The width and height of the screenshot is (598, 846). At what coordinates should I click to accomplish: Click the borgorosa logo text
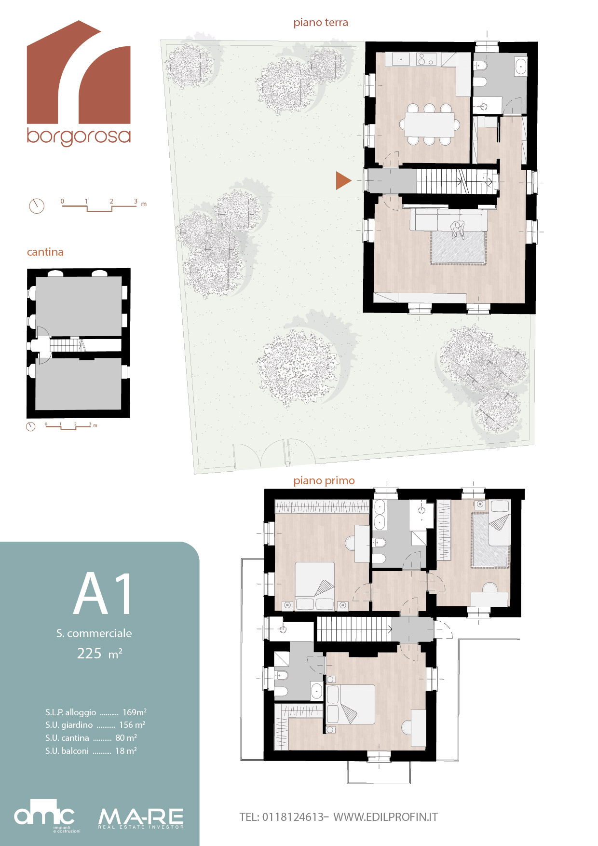[79, 136]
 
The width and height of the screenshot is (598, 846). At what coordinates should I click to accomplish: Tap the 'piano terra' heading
[321, 23]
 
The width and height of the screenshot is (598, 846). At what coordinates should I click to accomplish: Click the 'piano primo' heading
[324, 480]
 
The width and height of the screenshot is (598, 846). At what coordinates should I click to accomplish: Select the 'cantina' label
[45, 252]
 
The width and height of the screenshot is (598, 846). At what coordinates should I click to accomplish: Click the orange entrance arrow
[343, 180]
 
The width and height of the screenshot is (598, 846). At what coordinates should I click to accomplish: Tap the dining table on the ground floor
[429, 124]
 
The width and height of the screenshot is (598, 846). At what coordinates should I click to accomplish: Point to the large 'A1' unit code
[103, 594]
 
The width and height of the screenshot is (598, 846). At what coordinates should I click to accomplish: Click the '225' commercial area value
[89, 653]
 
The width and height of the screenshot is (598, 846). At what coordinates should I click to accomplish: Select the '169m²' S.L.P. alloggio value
[135, 712]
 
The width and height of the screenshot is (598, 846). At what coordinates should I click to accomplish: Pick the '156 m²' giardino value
[132, 724]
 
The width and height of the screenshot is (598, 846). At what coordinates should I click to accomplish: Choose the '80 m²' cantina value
[126, 737]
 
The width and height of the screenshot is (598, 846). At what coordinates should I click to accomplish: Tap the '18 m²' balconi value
[126, 750]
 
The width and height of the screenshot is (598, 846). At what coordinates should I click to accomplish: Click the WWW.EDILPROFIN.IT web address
[386, 817]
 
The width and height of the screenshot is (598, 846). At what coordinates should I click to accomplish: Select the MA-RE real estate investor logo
[141, 819]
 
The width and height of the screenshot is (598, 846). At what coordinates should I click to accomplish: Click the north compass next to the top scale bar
[37, 206]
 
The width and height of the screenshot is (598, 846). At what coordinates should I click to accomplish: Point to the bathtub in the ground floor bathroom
[521, 67]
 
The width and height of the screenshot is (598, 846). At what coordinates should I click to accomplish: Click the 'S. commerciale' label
[94, 633]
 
